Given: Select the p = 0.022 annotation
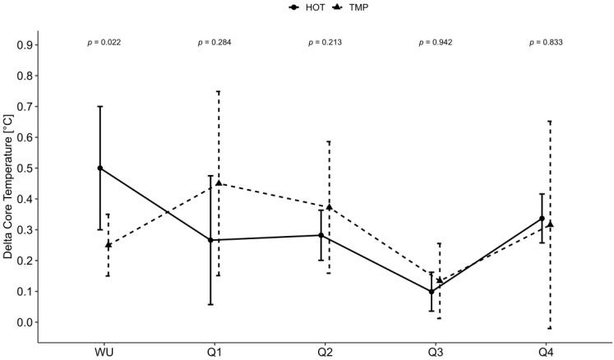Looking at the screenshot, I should pos(104,43).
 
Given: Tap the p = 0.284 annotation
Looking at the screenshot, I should pos(215,43).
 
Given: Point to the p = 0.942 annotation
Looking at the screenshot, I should pos(436,43).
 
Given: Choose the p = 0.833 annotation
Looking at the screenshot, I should pos(546,43).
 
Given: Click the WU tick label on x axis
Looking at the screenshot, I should pos(104,352).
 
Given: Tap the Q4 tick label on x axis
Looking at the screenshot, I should pos(546,352).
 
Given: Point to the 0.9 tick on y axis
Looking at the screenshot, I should pos(29,45).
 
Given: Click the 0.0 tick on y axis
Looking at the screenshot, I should pos(29,322).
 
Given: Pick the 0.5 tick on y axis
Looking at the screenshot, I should pos(29,168).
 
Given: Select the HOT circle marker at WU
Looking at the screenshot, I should pos(100,168).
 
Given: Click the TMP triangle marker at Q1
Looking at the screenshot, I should pos(219,183).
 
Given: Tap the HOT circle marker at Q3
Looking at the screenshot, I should pos(432,291).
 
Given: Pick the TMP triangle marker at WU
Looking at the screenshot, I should pos(108,244).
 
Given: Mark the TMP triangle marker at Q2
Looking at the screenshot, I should pos(329,206).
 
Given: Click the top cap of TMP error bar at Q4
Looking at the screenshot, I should pos(550,122).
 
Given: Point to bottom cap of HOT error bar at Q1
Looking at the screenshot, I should pos(211,304).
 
